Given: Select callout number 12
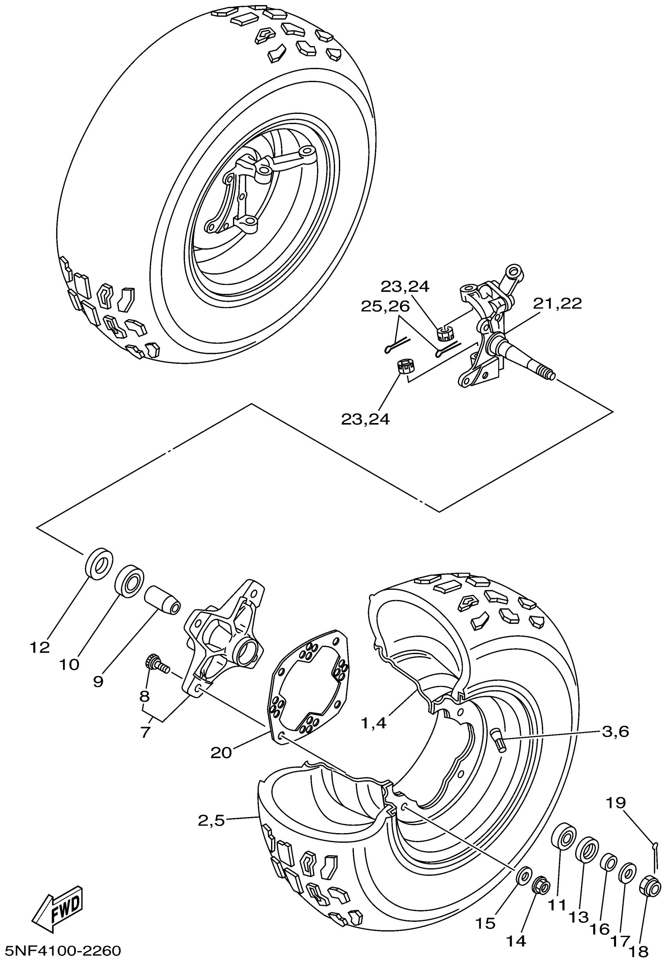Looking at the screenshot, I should point(40,648).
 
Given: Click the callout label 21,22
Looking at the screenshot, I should point(557,303).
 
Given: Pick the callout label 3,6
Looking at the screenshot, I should point(615,731).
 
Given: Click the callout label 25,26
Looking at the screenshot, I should point(385,306).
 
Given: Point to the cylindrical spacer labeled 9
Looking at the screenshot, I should point(162,601).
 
